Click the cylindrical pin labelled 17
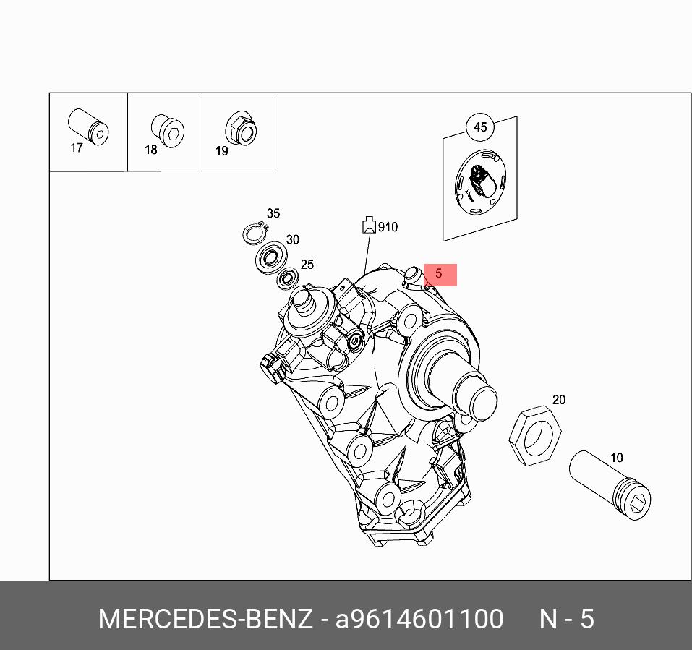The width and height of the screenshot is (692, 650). click(87, 127)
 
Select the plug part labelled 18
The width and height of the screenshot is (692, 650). click(167, 130)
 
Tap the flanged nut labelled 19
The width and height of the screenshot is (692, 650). click(242, 129)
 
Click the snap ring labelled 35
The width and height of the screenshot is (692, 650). click(254, 233)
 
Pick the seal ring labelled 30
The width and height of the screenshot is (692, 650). click(272, 256)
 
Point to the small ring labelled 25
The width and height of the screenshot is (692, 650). click(289, 278)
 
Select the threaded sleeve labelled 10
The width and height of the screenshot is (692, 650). click(610, 484)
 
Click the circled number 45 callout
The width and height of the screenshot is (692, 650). click(480, 127)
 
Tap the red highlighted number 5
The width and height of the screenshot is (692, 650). click(439, 275)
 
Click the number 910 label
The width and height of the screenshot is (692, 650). click(388, 227)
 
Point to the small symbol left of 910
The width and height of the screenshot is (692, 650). click(368, 225)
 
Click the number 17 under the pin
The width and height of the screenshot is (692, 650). click(77, 148)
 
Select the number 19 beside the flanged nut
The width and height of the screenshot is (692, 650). click(221, 151)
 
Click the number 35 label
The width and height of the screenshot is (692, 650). click(273, 213)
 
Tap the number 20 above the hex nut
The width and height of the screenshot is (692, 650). click(559, 400)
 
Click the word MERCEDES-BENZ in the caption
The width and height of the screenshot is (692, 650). click(205, 620)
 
